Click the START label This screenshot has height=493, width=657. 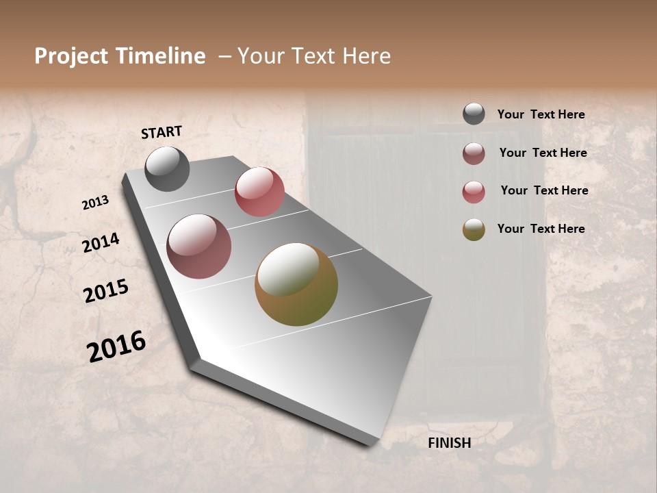pyautogui.click(x=162, y=132)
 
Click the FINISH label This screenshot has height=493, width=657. pyautogui.click(x=450, y=443)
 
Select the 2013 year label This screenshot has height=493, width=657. pyautogui.click(x=95, y=203)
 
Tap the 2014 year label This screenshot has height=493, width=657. pyautogui.click(x=101, y=242)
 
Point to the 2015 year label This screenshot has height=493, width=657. pyautogui.click(x=106, y=291)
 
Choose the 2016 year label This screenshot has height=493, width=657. pyautogui.click(x=116, y=346)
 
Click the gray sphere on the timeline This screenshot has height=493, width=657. pyautogui.click(x=167, y=168)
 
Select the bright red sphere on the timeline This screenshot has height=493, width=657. pyautogui.click(x=259, y=191)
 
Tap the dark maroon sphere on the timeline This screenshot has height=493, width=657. pyautogui.click(x=199, y=246)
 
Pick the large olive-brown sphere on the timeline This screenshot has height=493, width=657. pyautogui.click(x=296, y=284)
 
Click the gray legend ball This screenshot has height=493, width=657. pyautogui.click(x=474, y=114)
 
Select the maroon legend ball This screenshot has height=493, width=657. pyautogui.click(x=474, y=153)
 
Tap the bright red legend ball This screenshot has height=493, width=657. pyautogui.click(x=474, y=192)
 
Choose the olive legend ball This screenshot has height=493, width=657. pyautogui.click(x=474, y=229)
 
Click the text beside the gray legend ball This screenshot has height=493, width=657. pyautogui.click(x=541, y=114)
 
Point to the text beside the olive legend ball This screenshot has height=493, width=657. pyautogui.click(x=541, y=229)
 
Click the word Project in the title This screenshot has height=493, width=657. pyautogui.click(x=71, y=56)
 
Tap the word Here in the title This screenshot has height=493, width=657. pyautogui.click(x=366, y=56)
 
